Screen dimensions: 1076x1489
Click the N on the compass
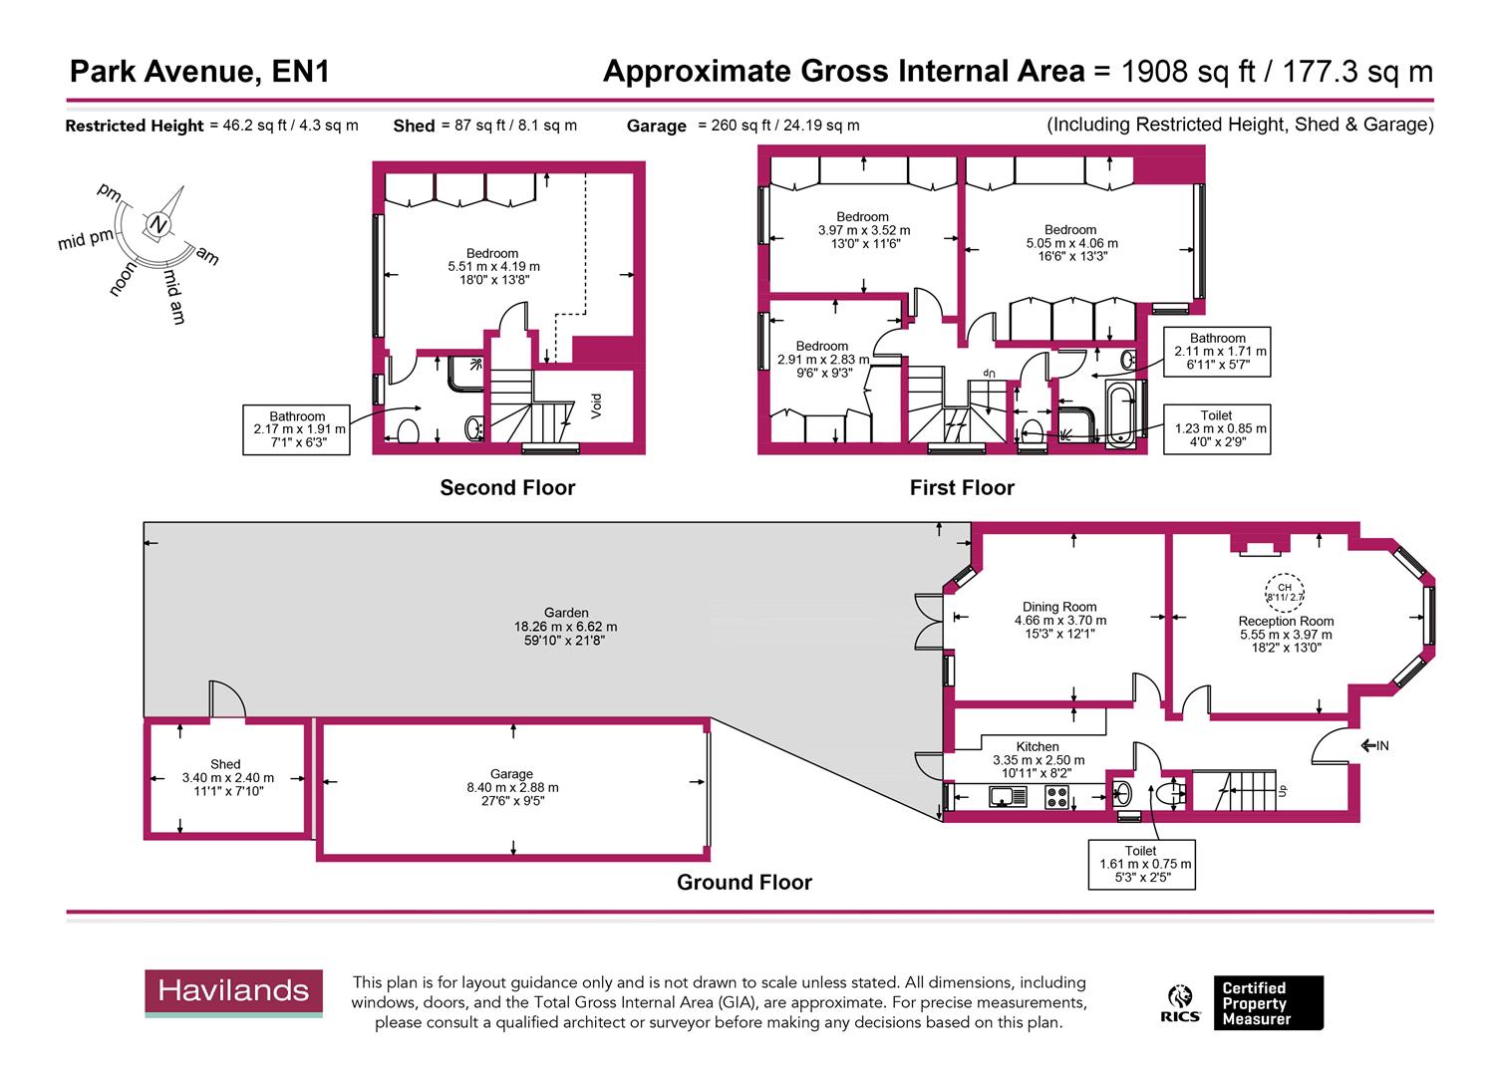click(157, 224)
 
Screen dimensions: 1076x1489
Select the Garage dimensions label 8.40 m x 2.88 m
click(511, 787)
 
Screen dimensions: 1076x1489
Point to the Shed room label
click(225, 764)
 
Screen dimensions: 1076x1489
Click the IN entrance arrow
click(1374, 745)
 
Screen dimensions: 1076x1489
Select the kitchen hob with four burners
click(1056, 796)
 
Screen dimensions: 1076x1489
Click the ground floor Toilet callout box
click(1141, 863)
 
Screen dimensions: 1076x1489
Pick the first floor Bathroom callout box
click(1217, 351)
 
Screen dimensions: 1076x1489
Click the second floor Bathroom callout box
click(297, 429)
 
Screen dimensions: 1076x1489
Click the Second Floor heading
click(507, 487)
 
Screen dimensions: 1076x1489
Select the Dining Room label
click(1059, 607)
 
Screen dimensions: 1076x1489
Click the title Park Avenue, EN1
click(199, 72)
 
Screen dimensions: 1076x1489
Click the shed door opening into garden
click(226, 700)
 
